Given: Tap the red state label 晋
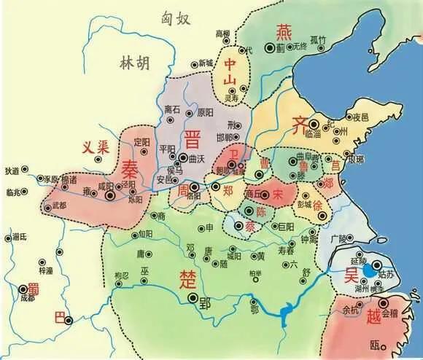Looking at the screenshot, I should point(193,138).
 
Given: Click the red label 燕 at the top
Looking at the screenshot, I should point(282,31).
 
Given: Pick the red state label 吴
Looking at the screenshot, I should point(353,277).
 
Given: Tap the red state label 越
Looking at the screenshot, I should point(373,316).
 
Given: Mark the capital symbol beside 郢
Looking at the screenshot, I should point(192,298).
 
